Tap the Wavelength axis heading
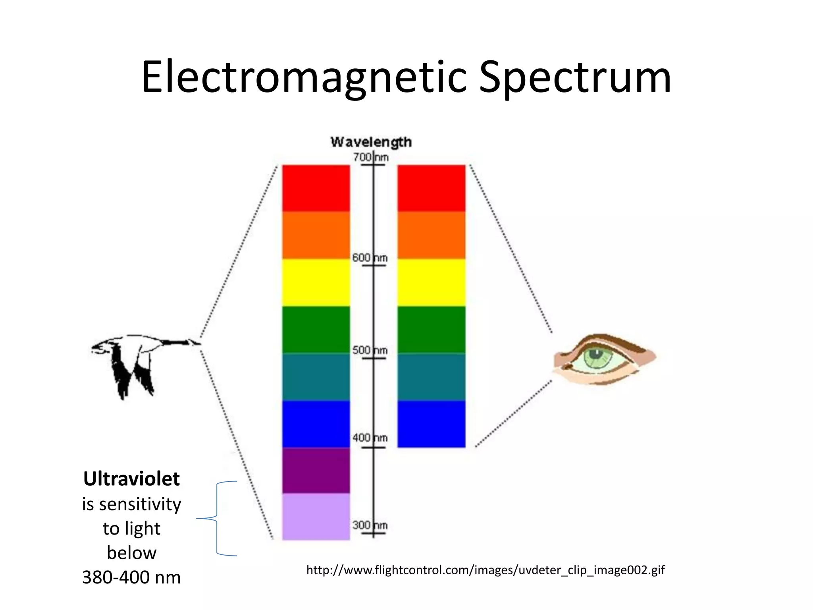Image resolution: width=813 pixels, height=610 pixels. [371, 142]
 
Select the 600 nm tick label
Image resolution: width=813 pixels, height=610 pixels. [370, 258]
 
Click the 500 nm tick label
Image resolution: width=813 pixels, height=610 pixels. [370, 350]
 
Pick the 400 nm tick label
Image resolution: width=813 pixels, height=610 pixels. [370, 438]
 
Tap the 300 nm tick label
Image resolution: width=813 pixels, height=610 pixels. [370, 525]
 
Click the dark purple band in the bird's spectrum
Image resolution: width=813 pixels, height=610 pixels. [316, 470]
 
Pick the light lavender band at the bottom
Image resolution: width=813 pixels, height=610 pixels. [316, 516]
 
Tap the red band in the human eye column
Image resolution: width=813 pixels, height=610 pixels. [431, 188]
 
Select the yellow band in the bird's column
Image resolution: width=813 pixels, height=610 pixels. [316, 282]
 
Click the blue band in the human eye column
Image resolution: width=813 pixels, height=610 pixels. [431, 424]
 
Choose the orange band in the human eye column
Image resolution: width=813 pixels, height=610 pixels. [431, 235]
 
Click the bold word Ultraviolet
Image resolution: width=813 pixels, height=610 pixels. [131, 479]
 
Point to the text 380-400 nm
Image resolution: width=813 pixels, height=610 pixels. [131, 577]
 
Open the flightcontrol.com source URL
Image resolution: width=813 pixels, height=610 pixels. [485, 570]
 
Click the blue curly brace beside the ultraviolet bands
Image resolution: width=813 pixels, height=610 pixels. [217, 518]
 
